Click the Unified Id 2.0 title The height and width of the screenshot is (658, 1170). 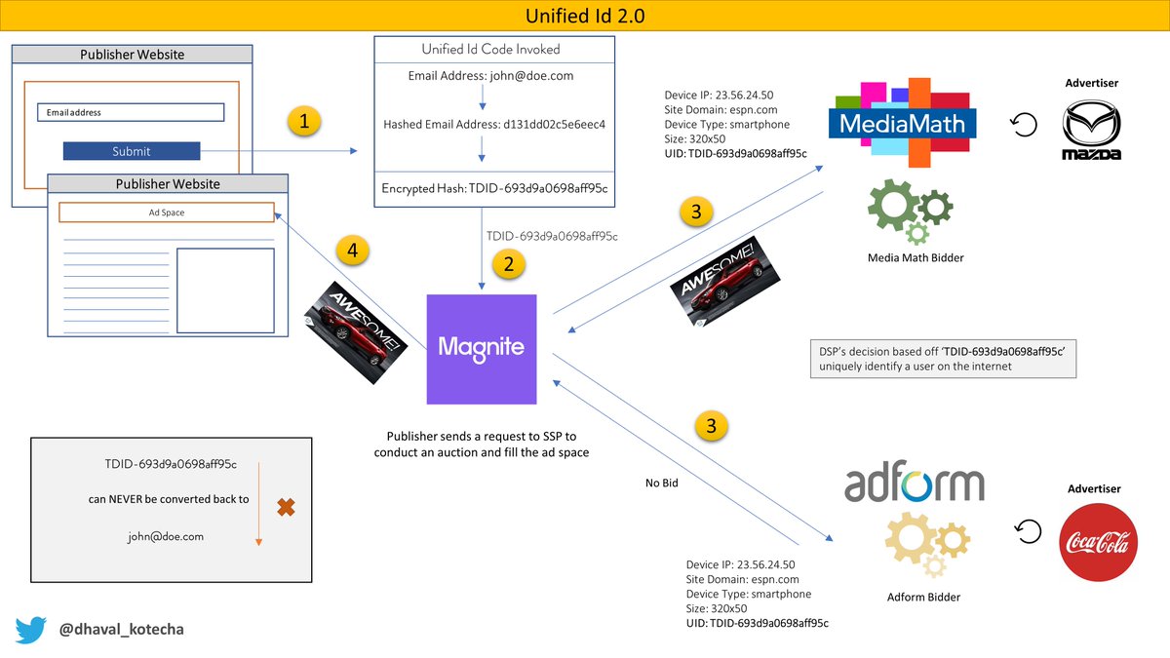tap(584, 16)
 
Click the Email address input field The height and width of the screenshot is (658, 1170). tap(131, 112)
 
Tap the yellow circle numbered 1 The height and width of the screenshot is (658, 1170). tap(304, 122)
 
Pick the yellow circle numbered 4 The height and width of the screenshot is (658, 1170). tap(353, 251)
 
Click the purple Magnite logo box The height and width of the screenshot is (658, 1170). tap(482, 348)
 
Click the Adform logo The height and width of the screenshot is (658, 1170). tap(914, 484)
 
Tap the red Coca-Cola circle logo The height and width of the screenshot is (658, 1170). tap(1098, 542)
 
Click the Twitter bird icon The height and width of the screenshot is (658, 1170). tap(30, 630)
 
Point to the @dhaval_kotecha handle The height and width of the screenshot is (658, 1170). tap(121, 630)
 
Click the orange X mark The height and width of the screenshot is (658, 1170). tap(286, 508)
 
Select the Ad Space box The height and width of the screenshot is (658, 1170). tap(166, 213)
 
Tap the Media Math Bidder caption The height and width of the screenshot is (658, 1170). tap(910, 257)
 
